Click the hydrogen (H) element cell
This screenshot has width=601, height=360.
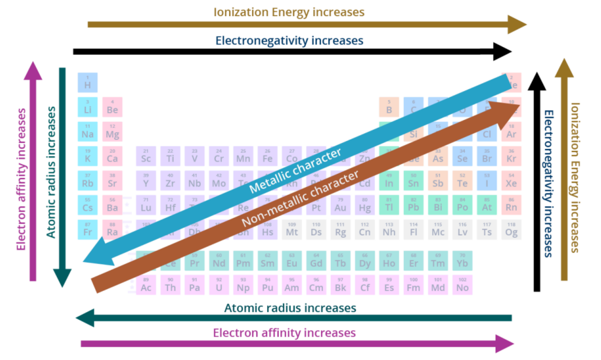pos(87,82)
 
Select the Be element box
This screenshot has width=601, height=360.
pos(112,107)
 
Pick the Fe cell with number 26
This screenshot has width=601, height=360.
pos(267,156)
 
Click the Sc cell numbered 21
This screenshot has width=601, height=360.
pos(146,156)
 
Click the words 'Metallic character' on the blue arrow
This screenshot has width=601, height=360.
pos(295,170)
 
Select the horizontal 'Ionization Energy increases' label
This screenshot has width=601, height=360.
pos(289,12)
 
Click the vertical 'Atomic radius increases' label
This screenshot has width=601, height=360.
pos(51,172)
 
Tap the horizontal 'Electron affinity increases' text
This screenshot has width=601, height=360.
pos(284,333)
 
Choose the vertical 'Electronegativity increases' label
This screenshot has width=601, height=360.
pos(548,183)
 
